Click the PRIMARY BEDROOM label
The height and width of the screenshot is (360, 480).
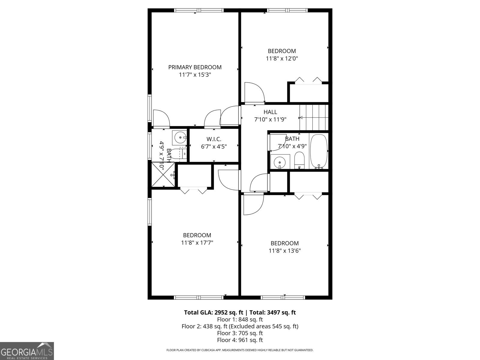(195, 67)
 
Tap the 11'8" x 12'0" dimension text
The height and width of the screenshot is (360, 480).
(282, 58)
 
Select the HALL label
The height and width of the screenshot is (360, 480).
(270, 112)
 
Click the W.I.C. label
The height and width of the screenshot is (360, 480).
(214, 139)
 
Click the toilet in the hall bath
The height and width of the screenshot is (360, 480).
(299, 160)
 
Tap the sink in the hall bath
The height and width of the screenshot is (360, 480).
(280, 162)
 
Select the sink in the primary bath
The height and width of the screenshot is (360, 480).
(180, 138)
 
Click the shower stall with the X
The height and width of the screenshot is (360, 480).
(163, 175)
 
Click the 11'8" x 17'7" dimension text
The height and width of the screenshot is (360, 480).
(197, 243)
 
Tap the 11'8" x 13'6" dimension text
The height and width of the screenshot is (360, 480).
(284, 251)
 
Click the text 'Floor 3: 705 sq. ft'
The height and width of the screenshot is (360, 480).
(240, 333)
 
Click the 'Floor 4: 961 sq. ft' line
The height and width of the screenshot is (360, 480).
(240, 340)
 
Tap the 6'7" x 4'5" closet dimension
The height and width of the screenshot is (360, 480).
(214, 147)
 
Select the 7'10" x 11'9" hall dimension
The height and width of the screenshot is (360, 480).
(270, 119)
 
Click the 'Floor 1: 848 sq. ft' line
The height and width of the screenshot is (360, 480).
(240, 319)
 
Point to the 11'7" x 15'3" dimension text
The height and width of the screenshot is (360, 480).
(195, 75)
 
